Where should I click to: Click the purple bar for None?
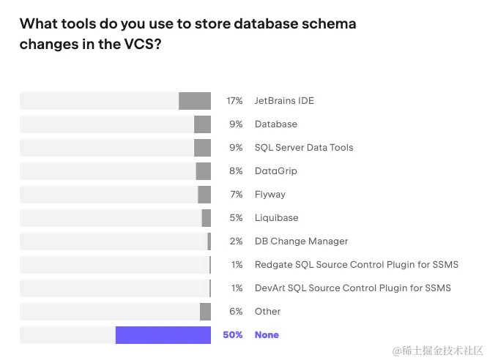coord(163,335)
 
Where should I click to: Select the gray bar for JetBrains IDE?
coord(195,101)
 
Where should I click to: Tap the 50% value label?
coord(232,335)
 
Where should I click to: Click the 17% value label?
coord(234,101)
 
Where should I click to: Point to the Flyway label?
coord(270,195)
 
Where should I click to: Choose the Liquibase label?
coord(276,218)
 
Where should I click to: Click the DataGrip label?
coord(276,171)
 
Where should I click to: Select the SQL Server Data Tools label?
coord(304,148)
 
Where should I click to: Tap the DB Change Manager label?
coord(301,241)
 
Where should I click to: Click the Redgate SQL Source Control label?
coord(361,265)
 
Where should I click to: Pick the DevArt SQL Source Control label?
coord(353,288)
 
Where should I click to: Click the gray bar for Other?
coord(205,312)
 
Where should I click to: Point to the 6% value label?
coord(236,312)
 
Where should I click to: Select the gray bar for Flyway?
coord(204,195)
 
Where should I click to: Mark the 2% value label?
coord(236,241)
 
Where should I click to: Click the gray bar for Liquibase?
coord(207,218)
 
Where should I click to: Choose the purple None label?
coord(267,335)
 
